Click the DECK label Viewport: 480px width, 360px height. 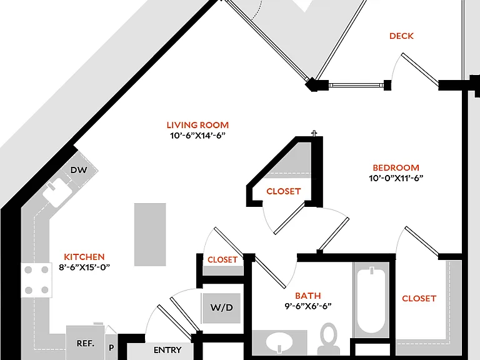point(401,36)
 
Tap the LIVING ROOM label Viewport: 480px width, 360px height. point(197,125)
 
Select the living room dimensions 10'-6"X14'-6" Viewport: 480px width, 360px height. point(197,135)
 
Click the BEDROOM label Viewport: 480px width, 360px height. point(396,167)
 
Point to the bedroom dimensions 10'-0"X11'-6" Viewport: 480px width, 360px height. point(396,178)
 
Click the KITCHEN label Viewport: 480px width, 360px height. point(84,257)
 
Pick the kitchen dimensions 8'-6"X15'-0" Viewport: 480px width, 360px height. point(84,267)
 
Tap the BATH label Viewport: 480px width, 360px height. point(308,296)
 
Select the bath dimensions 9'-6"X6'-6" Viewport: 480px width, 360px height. point(308,306)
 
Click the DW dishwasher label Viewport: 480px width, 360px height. point(79,170)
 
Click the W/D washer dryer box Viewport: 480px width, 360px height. point(221,307)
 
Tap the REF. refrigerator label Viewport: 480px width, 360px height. point(86,344)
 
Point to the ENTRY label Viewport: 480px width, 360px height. point(167,350)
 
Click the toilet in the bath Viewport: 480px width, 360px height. point(329,339)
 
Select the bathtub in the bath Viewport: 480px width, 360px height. point(371,301)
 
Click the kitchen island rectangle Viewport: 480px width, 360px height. point(150,234)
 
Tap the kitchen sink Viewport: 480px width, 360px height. point(57,192)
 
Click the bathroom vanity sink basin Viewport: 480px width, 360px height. point(279,342)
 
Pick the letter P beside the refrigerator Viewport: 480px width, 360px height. point(111,347)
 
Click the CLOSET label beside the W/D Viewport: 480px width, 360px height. point(222,260)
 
